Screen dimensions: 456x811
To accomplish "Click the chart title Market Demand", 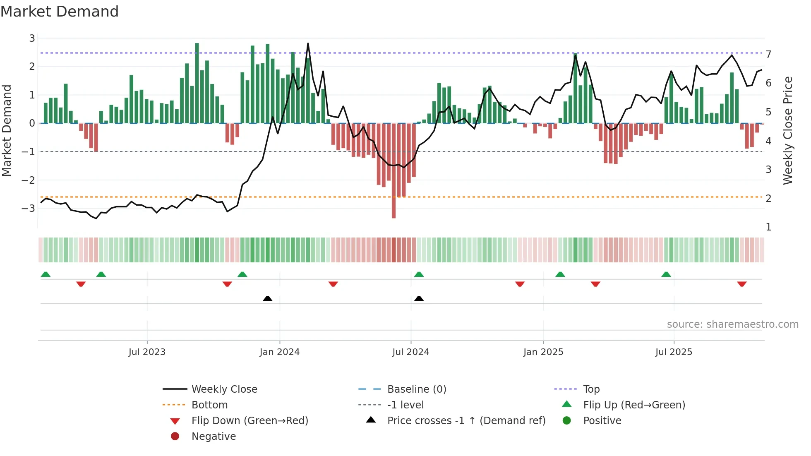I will tap(60, 12).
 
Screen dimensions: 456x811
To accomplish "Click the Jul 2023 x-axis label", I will tap(147, 352).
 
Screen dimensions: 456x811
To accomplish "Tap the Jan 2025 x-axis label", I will tap(543, 352).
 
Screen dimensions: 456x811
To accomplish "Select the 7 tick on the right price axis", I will tap(768, 54).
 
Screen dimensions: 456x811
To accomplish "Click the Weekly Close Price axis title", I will tap(788, 130).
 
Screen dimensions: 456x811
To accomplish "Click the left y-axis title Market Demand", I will tap(7, 130).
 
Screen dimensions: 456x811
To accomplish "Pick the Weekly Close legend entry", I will tap(224, 389).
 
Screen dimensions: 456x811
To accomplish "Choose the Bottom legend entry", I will tap(209, 405).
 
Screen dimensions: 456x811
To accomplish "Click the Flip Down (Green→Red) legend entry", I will tap(250, 420).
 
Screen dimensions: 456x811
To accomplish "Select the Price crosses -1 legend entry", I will tap(466, 420).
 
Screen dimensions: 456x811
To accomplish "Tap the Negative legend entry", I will tap(214, 436).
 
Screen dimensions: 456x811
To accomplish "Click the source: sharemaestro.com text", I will tap(732, 324).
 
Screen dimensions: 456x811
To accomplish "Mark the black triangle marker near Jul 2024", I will tap(419, 298).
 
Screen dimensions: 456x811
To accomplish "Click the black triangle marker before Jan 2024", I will tap(267, 298).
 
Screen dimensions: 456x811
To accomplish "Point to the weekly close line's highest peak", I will tap(308, 43).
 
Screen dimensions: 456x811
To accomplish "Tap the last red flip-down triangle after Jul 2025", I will tap(741, 284).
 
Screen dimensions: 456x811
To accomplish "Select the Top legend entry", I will tap(591, 389).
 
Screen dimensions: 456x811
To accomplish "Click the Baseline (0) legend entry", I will tap(416, 389).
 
